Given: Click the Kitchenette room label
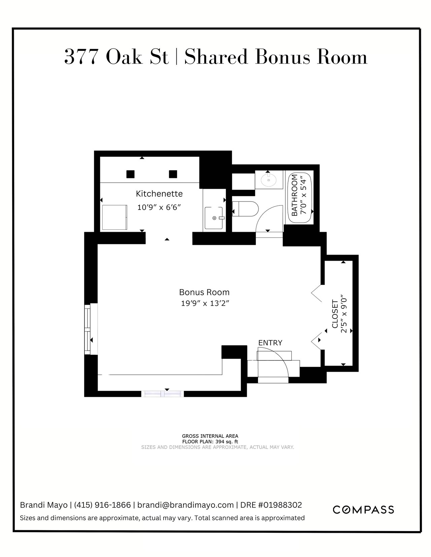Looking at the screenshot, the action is [159, 194].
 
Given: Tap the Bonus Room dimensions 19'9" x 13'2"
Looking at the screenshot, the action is [205, 303].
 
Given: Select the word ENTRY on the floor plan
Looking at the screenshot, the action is [270, 343].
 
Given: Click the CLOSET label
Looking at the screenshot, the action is [335, 314].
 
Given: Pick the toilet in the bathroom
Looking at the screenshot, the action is [245, 209].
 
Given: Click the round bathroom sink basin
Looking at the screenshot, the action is [269, 180].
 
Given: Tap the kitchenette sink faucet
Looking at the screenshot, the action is [221, 218].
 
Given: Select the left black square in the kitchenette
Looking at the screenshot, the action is [130, 174].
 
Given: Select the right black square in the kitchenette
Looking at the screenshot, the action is [173, 174].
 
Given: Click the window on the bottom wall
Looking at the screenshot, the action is [163, 394].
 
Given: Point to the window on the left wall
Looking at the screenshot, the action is [88, 329].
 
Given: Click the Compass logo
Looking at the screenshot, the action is [363, 510].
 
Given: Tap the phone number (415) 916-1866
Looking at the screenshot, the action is [102, 505].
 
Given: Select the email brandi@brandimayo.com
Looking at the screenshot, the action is [186, 505].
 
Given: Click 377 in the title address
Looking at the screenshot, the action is [81, 57].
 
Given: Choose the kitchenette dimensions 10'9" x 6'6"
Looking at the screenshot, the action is [159, 207].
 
